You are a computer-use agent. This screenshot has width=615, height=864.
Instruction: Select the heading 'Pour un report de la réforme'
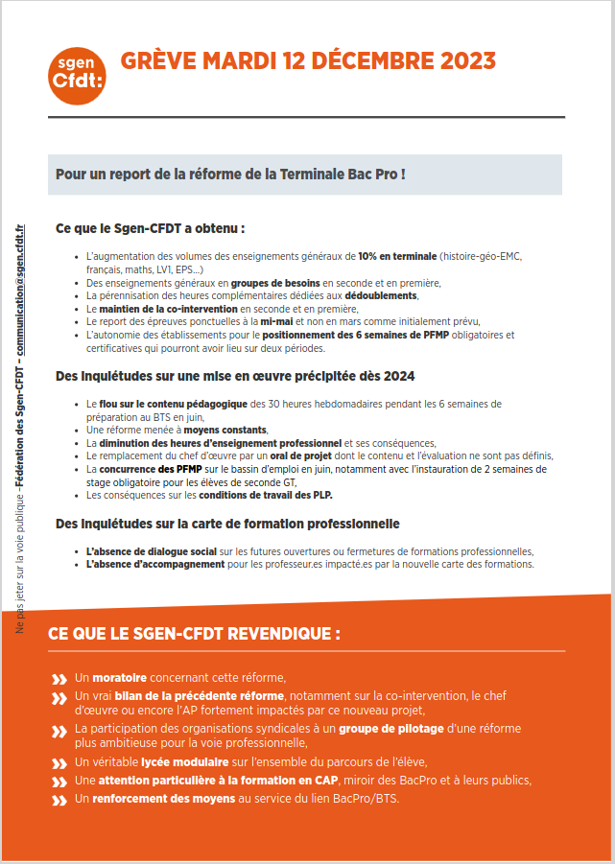pos(230,175)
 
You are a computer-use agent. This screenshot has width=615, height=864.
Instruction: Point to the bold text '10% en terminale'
pos(397,257)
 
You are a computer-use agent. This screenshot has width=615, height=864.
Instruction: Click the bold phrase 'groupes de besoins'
pos(275,283)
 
